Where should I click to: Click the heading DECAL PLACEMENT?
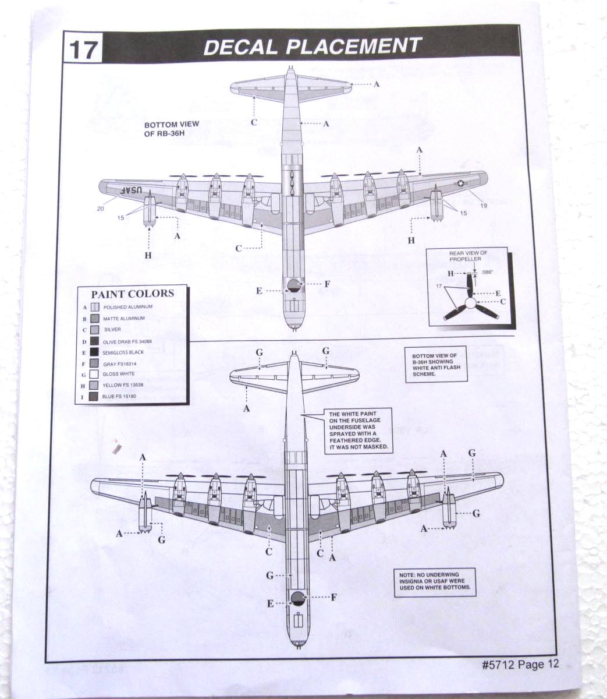click(312, 46)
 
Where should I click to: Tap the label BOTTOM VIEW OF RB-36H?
click(172, 128)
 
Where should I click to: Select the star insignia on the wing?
click(461, 184)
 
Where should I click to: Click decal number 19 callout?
click(484, 205)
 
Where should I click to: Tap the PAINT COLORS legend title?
click(132, 294)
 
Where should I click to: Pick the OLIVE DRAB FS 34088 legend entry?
click(127, 341)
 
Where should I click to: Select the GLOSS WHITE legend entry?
click(118, 375)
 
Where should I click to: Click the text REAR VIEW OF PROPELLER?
click(468, 256)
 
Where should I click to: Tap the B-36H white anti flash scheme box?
click(435, 365)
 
